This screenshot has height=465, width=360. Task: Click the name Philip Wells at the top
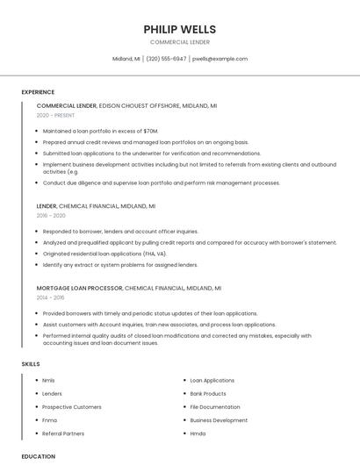180,29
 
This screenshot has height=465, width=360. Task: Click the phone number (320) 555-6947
166,59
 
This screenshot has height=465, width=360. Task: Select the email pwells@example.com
220,59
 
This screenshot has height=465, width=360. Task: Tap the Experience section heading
38,92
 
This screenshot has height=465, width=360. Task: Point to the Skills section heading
31,363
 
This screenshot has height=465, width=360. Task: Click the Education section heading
39,456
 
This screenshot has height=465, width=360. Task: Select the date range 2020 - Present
56,115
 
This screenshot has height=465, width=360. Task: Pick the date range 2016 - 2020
51,215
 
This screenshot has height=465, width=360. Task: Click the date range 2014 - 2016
51,297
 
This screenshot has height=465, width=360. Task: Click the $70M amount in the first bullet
150,131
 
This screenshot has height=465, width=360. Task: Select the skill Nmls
48,381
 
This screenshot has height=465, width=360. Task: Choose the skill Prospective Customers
72,407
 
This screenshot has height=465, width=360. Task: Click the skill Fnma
49,420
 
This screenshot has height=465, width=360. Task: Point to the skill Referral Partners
63,433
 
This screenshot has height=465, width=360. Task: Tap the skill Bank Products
208,394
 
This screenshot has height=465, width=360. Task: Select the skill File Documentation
215,407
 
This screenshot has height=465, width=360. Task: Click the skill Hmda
198,433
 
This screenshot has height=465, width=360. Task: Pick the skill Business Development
219,420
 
